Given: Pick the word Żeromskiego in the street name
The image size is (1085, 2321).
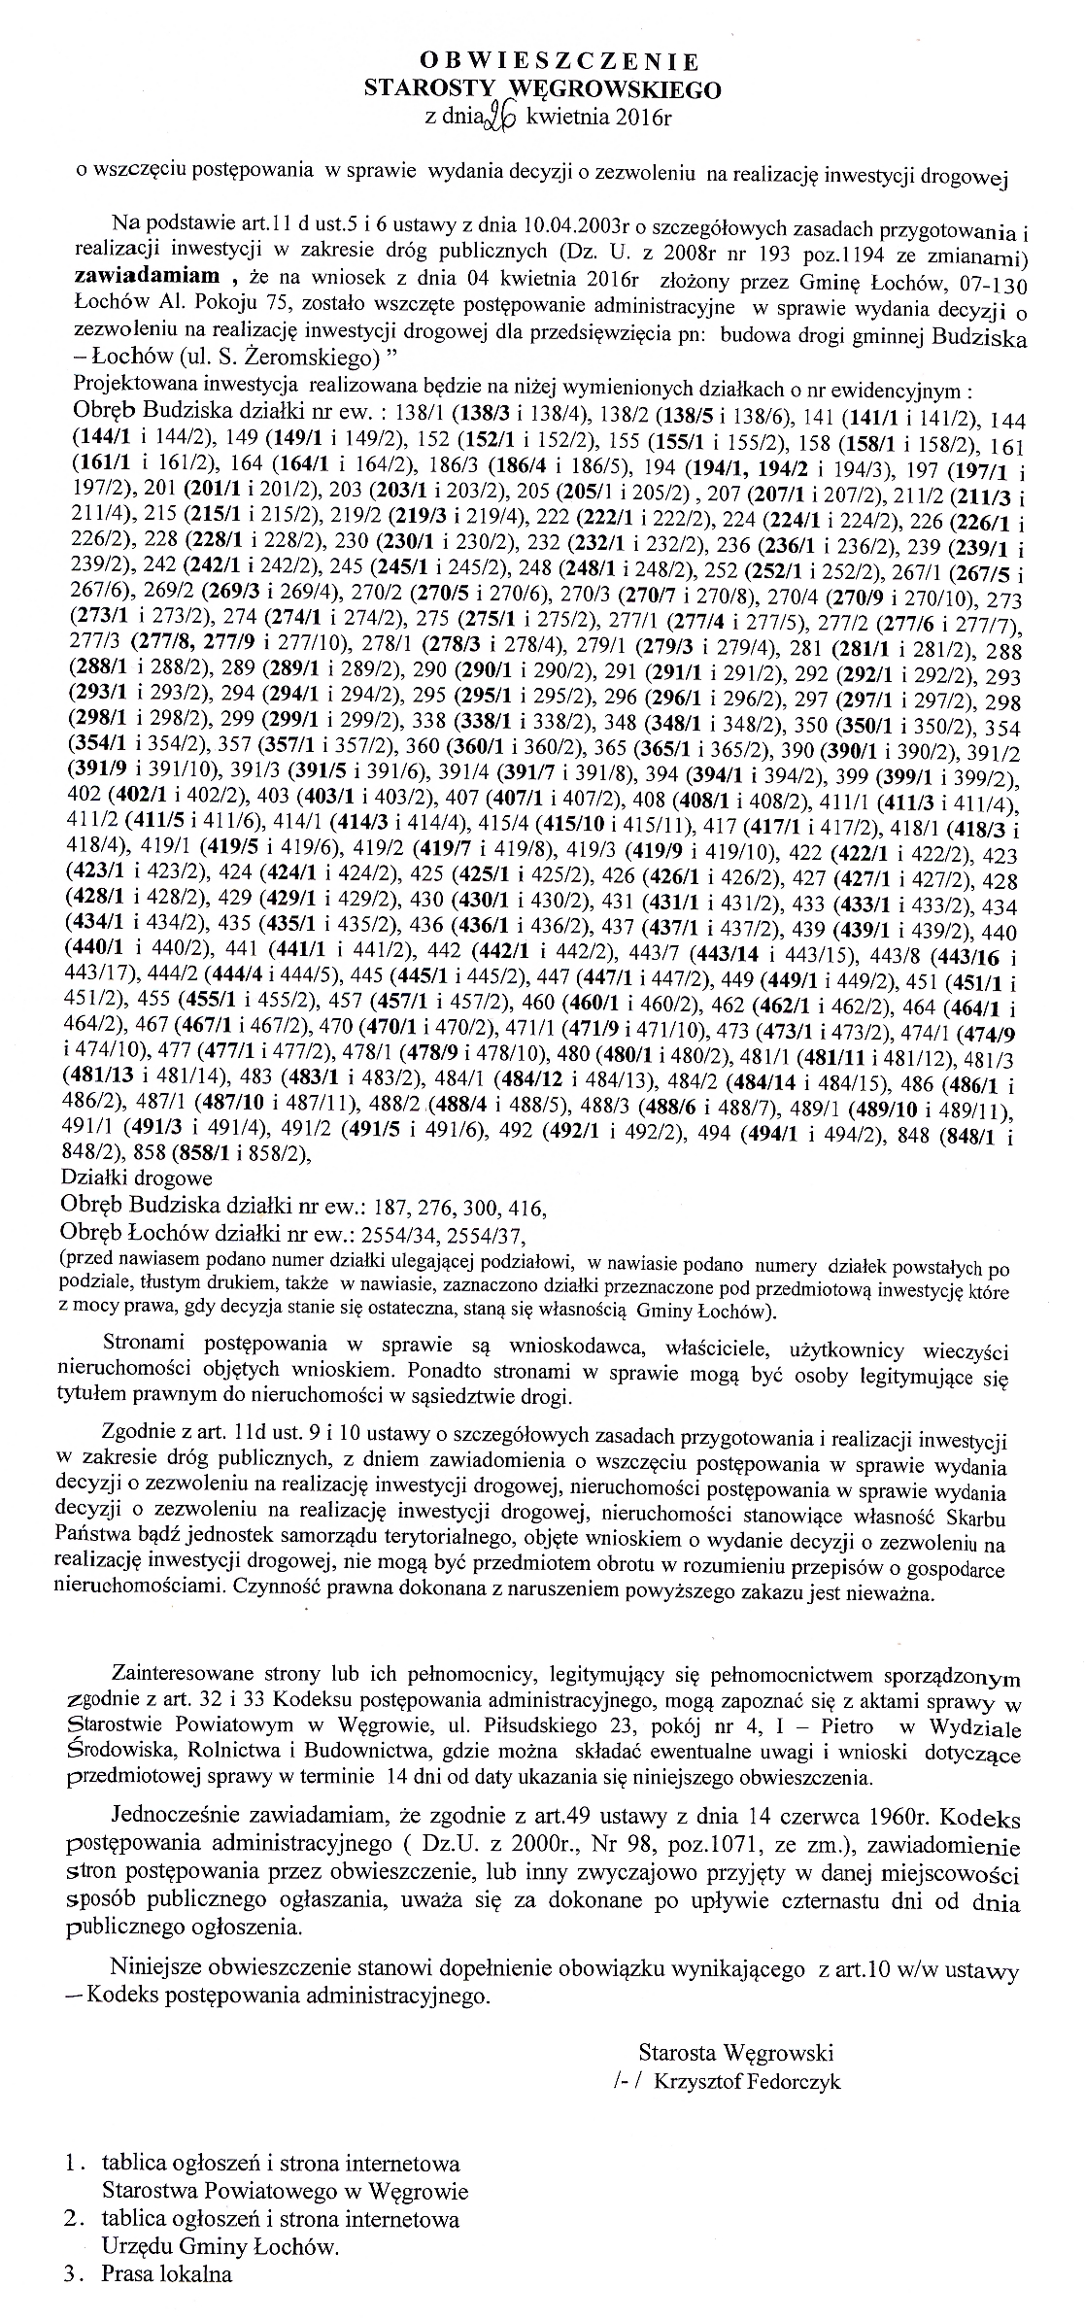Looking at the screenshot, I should coord(320,358).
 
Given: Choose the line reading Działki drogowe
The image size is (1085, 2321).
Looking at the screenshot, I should coord(135,1178).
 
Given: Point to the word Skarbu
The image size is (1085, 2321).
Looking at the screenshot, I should coord(975,1519).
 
